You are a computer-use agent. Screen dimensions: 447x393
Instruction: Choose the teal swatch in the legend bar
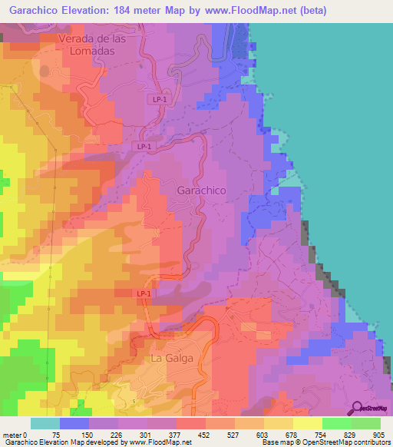point(45,423)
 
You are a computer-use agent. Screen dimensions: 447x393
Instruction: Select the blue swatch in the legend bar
point(74,423)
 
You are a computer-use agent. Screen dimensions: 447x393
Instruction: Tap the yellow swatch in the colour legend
point(307,423)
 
